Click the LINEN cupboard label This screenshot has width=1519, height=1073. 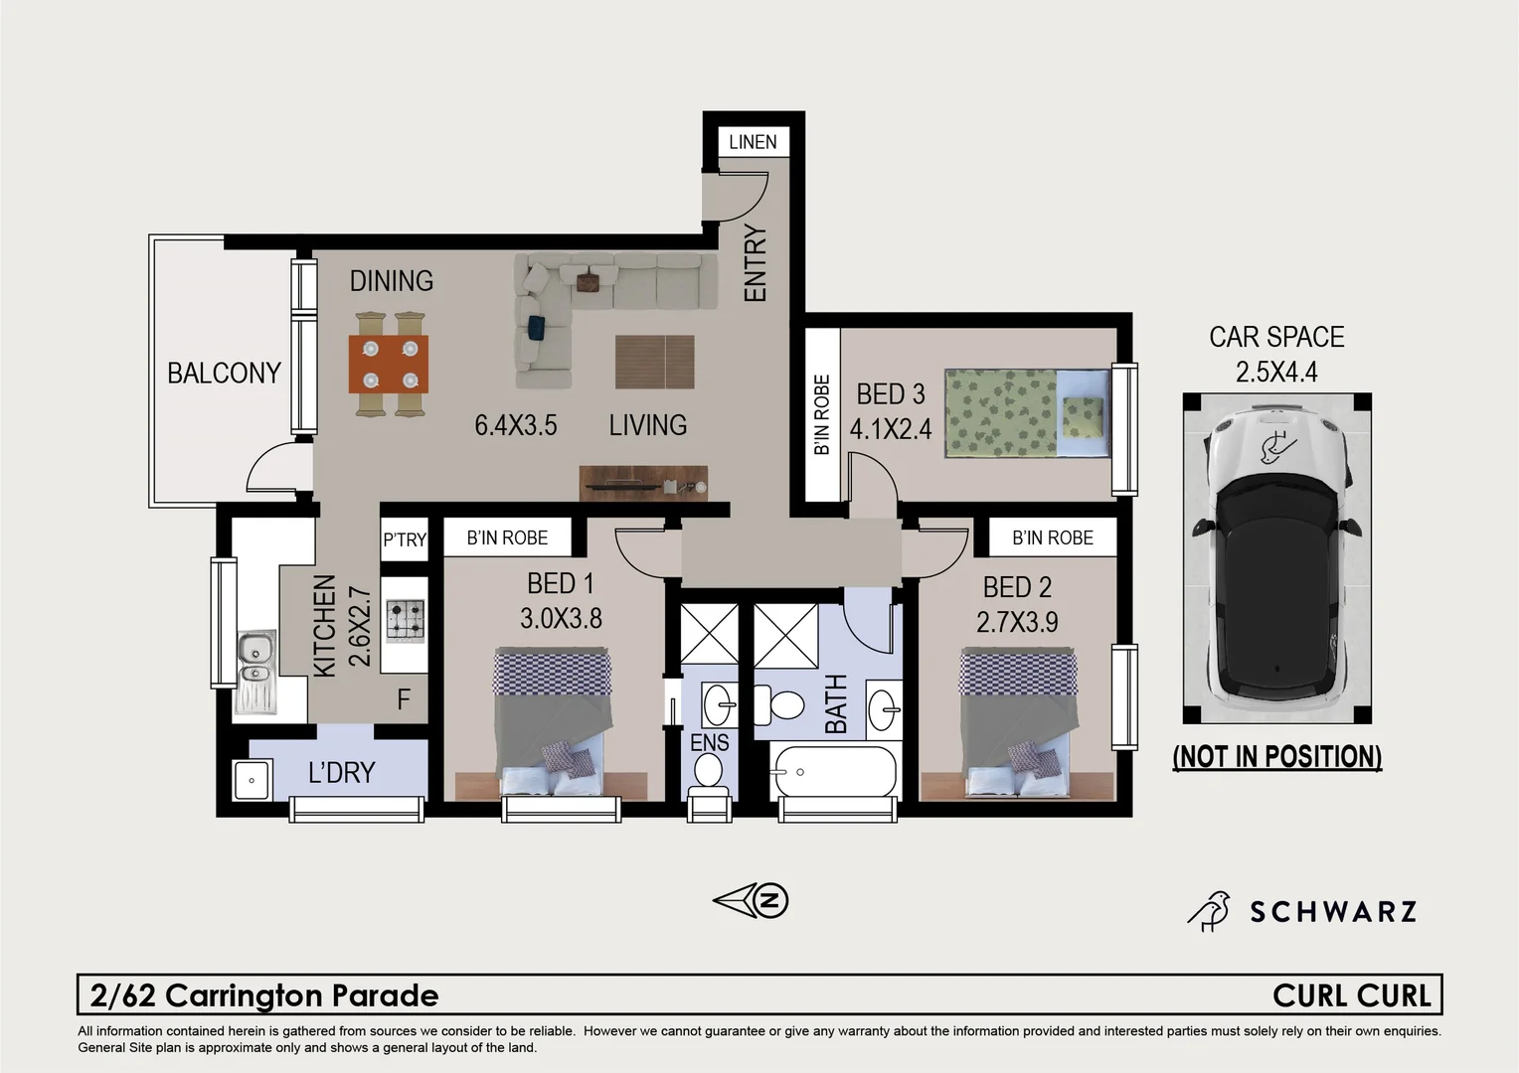[753, 142]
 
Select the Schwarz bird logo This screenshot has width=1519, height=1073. [1210, 911]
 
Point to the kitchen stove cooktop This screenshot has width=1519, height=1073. [405, 621]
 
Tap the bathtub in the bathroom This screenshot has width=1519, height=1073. [834, 771]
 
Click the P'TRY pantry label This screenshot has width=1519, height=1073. [405, 539]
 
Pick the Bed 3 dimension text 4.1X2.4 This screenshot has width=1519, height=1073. [890, 428]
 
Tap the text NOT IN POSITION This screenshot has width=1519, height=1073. [1276, 757]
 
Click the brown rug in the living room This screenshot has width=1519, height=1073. [654, 362]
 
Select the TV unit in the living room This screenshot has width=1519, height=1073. [643, 483]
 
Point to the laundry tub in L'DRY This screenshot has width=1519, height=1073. [252, 780]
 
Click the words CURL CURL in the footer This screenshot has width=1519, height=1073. [1351, 996]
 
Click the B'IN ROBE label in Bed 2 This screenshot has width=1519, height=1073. [1052, 537]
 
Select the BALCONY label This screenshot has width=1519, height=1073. [224, 373]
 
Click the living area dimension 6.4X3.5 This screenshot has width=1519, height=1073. [515, 425]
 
